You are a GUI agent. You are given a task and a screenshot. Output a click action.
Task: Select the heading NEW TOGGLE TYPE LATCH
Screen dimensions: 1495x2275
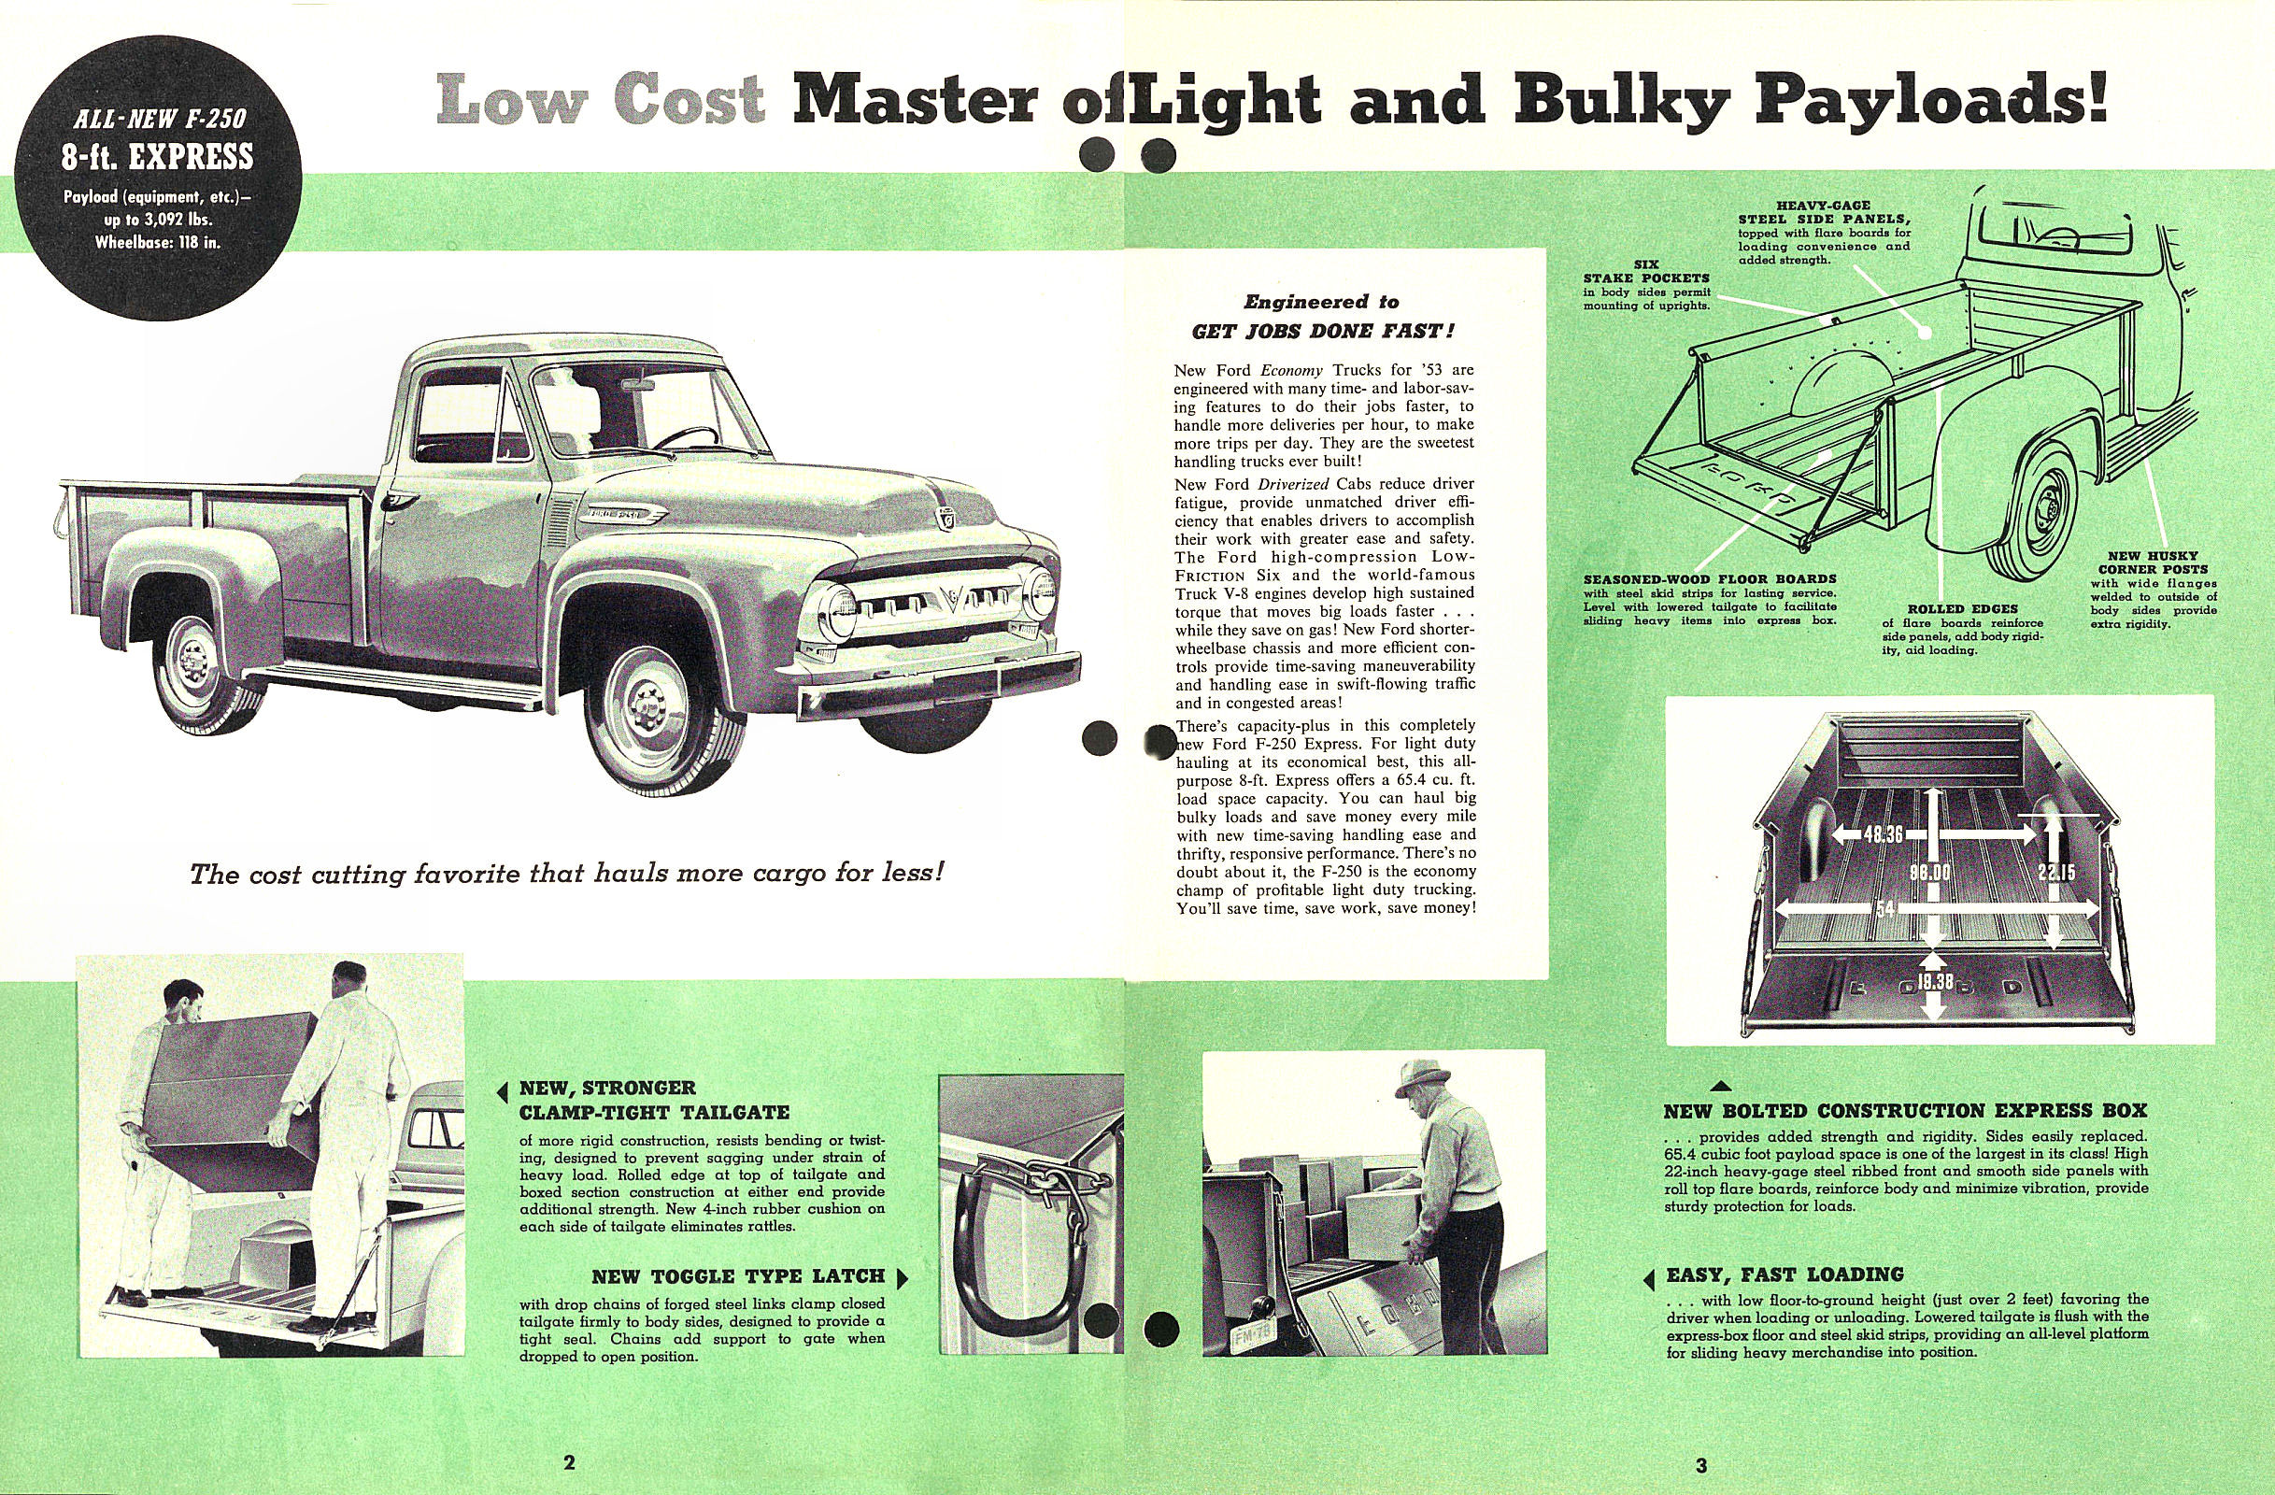coord(737,1277)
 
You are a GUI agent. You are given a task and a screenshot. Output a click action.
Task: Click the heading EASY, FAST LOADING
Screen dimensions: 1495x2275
coord(1784,1274)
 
